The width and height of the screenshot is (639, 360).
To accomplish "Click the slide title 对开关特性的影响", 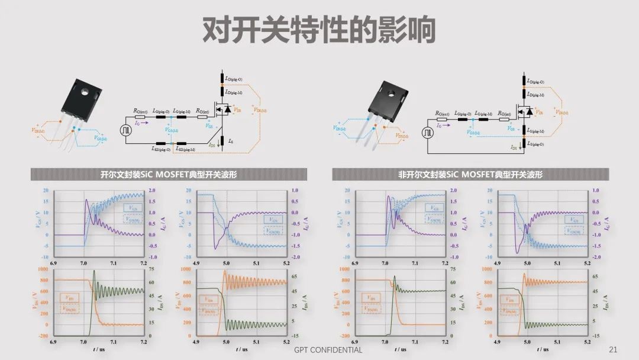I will [319, 30].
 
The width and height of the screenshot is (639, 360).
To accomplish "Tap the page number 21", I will [613, 350].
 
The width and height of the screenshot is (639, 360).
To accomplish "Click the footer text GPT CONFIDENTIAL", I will [328, 350].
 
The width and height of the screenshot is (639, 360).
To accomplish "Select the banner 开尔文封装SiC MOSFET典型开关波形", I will [169, 175].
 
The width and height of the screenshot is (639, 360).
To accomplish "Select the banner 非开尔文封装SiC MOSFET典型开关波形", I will [470, 175].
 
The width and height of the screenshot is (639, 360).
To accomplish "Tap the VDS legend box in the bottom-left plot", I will [70, 298].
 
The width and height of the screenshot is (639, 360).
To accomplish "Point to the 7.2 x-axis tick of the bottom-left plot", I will [145, 343].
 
